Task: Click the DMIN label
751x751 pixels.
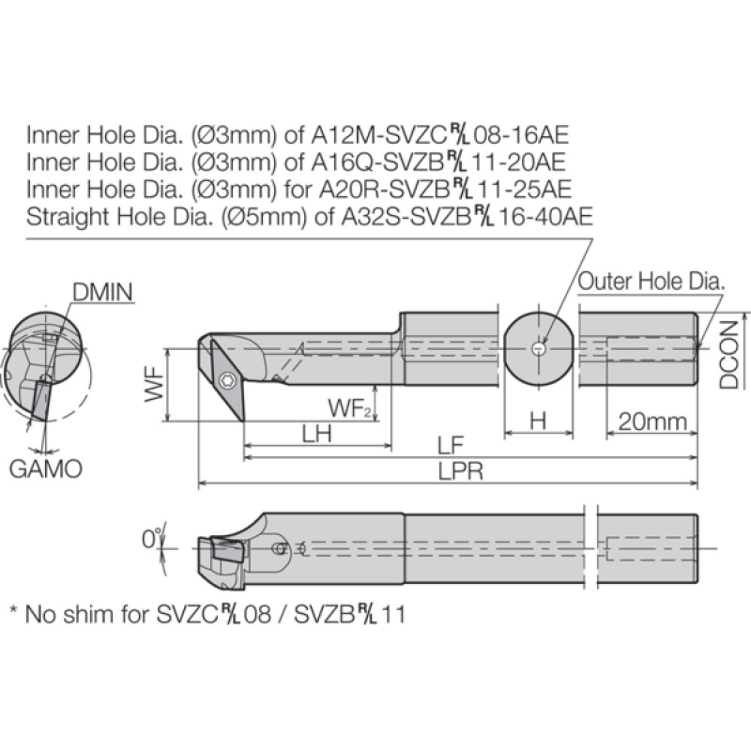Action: point(102,292)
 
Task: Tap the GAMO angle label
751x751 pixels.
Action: point(46,468)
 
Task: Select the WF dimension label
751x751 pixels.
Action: point(155,385)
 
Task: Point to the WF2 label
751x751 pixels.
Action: point(349,409)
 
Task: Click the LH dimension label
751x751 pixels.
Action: point(316,434)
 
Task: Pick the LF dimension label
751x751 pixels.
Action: point(451,446)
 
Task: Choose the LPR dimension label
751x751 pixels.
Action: point(461,472)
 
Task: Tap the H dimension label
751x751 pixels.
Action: point(538,421)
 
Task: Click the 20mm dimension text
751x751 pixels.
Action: point(652,421)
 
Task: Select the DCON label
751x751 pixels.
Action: point(729,355)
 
